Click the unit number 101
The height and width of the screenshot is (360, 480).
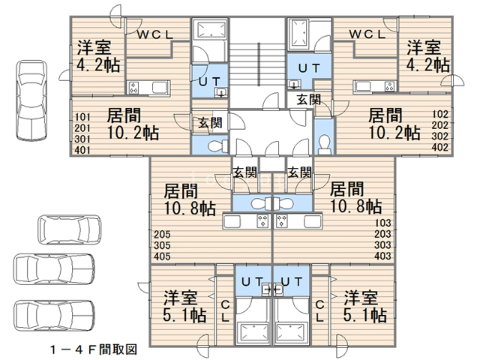click(82, 117)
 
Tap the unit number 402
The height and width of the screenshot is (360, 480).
click(440, 147)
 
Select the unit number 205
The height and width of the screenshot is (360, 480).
click(162, 235)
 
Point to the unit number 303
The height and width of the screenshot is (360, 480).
click(382, 245)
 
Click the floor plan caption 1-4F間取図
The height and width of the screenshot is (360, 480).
click(94, 349)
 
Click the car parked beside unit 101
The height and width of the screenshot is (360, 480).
click(31, 100)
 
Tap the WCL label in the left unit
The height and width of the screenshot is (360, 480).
click(155, 35)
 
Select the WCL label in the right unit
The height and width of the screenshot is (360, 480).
click(367, 34)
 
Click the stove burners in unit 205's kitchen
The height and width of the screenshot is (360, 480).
click(262, 221)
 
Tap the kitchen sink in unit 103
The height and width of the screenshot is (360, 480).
click(312, 221)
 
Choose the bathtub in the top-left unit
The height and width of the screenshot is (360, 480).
click(210, 30)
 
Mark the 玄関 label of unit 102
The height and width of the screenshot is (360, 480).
click(308, 100)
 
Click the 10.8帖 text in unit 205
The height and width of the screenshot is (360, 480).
click(190, 208)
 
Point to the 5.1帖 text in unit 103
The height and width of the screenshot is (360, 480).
click(365, 315)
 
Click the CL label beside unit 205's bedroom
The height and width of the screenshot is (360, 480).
click(225, 311)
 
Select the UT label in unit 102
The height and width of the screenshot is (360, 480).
click(309, 68)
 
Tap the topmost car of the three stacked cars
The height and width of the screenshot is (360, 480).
click(70, 229)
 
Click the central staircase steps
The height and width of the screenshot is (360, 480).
click(257, 65)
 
